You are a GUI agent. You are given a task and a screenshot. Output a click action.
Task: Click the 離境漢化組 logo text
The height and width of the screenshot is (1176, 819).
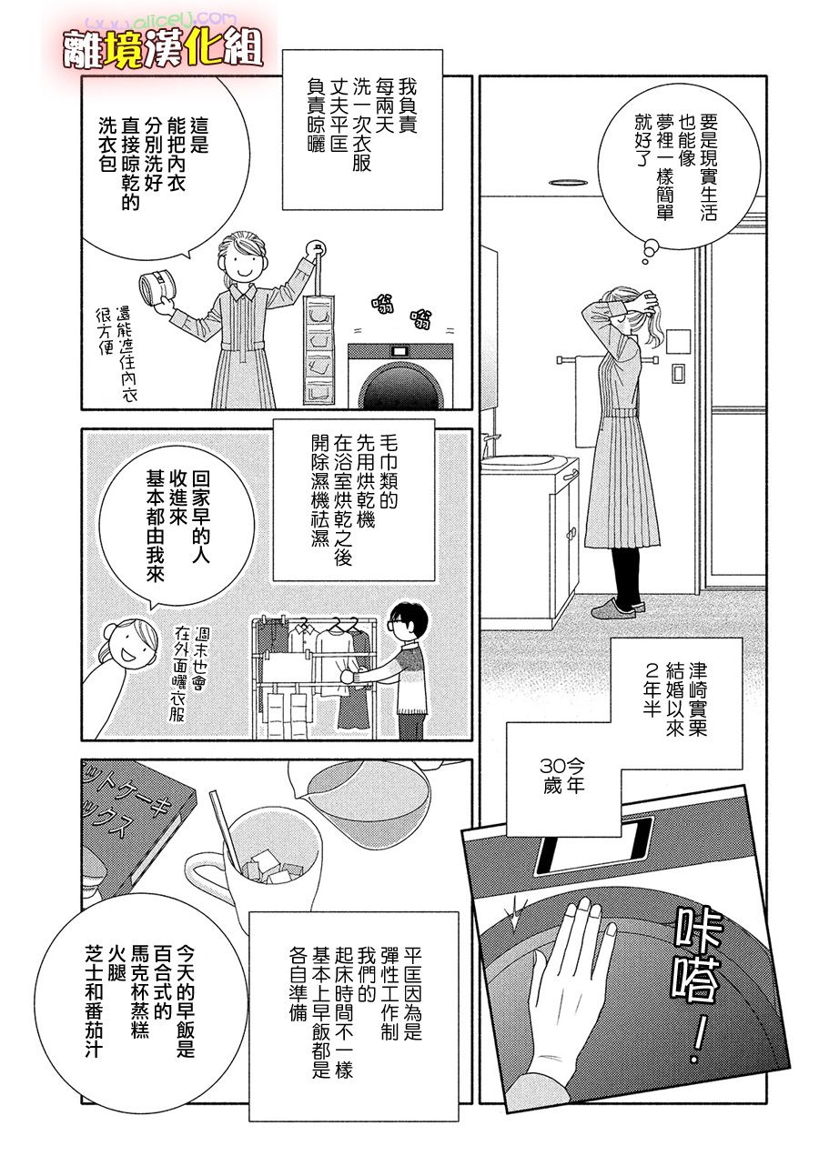(x=162, y=52)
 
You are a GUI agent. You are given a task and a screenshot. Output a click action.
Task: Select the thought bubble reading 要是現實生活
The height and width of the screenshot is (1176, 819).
(x=679, y=167)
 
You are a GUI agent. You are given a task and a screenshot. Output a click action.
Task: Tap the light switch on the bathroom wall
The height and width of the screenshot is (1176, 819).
(x=679, y=374)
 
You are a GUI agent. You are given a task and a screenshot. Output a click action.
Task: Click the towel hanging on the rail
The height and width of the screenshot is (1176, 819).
(x=586, y=402)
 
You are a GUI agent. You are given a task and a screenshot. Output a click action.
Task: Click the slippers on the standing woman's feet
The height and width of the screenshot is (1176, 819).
(x=618, y=608)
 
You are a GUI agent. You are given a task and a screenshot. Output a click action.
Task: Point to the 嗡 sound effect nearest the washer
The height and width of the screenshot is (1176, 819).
(x=421, y=317)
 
